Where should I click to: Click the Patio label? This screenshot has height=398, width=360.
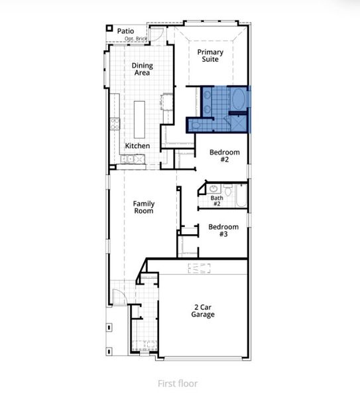pyautogui.click(x=125, y=31)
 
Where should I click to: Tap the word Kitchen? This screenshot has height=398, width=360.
pyautogui.click(x=137, y=146)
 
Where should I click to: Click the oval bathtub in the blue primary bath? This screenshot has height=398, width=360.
pyautogui.click(x=237, y=100)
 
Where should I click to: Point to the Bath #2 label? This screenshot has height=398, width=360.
pyautogui.click(x=217, y=201)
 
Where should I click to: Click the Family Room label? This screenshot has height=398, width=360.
pyautogui.click(x=143, y=208)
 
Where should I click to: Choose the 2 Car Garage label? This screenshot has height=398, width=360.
pyautogui.click(x=204, y=310)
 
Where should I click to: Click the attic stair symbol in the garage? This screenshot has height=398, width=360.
pyautogui.click(x=199, y=268)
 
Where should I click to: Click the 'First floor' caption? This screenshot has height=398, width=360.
pyautogui.click(x=177, y=383)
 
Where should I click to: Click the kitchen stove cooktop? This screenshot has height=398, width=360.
pyautogui.click(x=114, y=123)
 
